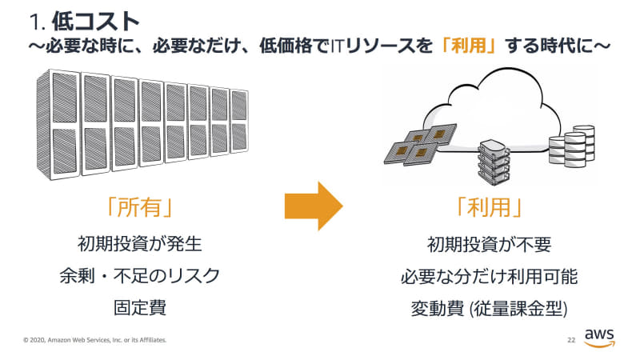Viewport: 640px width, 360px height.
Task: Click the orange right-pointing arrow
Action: coord(313,206)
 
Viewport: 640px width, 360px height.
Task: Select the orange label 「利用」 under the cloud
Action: coord(488,206)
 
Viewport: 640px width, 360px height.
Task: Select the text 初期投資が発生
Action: coord(140,243)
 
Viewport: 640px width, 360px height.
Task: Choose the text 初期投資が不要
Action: coord(489,243)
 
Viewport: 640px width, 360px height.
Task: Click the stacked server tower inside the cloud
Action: coord(493,159)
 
